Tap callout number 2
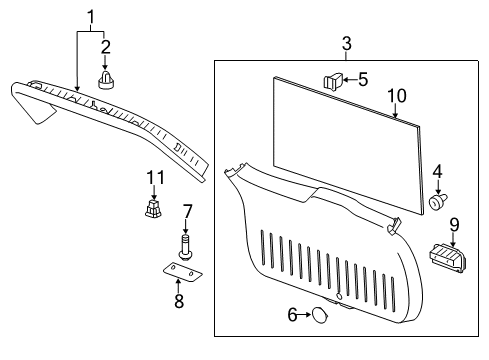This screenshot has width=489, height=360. click(105, 46)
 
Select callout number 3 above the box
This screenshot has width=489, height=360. click(346, 44)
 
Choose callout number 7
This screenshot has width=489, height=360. click(186, 211)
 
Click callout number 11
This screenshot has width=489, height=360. click(153, 177)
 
